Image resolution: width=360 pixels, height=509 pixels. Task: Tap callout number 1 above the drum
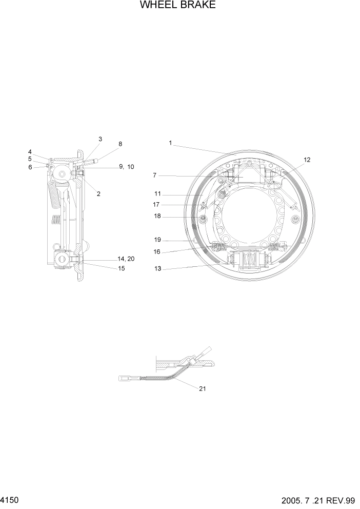point(170,143)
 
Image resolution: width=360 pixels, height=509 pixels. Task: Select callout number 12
point(307,160)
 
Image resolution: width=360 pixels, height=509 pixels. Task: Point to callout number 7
point(154,175)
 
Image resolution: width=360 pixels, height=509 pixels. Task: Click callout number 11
point(157,194)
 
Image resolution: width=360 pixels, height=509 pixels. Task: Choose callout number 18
point(157,217)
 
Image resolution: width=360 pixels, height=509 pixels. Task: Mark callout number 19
point(157,240)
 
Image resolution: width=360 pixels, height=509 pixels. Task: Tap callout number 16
point(157,251)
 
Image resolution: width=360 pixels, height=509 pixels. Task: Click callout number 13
point(157,268)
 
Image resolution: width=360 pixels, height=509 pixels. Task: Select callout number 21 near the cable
point(202,388)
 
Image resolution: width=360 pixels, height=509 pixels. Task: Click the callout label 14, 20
point(126,259)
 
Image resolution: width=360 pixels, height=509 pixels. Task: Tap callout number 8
point(120,144)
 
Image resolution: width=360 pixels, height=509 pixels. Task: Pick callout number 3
point(100,139)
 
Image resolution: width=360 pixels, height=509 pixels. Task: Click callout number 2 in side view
point(98,193)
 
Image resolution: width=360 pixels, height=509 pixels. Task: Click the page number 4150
point(10,499)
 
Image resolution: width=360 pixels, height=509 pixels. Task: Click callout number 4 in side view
point(30,152)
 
